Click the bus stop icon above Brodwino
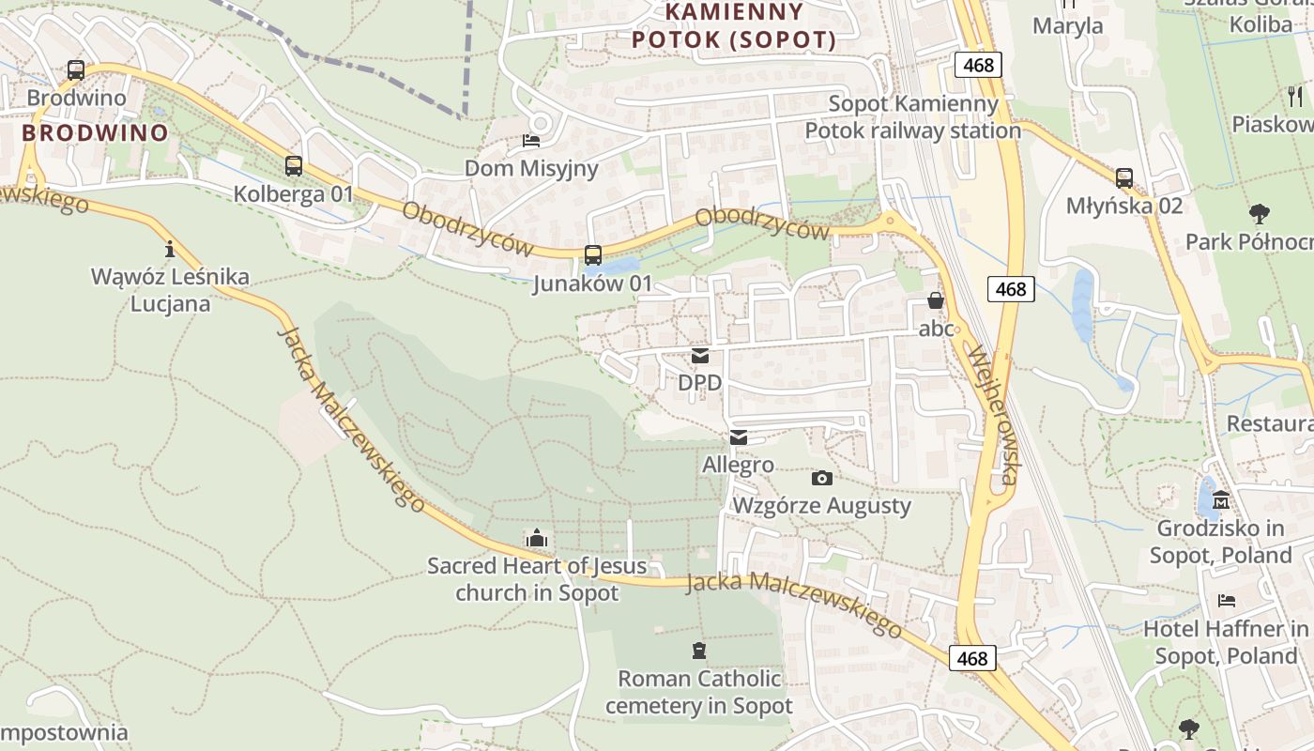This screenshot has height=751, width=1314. tap(76, 70)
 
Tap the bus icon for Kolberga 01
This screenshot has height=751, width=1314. tap(294, 166)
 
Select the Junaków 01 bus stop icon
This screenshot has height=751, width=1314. tap(593, 254)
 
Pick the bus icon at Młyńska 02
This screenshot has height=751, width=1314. tap(1124, 177)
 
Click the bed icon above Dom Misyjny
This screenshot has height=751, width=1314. tap(531, 141)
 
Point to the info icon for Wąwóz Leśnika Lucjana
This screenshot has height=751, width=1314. tap(170, 249)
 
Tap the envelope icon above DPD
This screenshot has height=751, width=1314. tap(700, 356)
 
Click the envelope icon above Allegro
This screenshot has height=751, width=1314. tap(739, 437)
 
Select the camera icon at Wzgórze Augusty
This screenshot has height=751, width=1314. tap(822, 479)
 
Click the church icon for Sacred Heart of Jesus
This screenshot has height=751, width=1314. tap(537, 538)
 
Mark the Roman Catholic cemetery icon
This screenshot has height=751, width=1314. tap(698, 650)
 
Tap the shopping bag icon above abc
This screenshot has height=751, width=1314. tap(936, 300)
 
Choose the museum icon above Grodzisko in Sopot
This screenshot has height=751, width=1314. tap(1221, 499)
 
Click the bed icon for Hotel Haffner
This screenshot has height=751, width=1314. tap(1226, 601)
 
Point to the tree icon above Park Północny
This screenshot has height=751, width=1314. tap(1260, 214)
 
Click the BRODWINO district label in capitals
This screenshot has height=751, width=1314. tap(95, 132)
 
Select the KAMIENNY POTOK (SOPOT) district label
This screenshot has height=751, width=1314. tap(734, 26)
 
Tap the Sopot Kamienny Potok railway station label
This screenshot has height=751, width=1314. tap(912, 117)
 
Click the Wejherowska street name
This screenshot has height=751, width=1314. tap(992, 415)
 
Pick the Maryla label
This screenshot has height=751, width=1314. tap(1068, 25)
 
